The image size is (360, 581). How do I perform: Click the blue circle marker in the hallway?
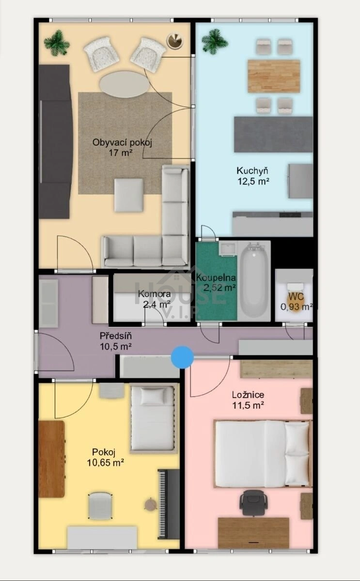click(182, 357)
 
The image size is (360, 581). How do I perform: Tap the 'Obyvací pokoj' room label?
click(122, 142)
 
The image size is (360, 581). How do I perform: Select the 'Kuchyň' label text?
click(252, 170)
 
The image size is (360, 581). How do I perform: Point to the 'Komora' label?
click(155, 293)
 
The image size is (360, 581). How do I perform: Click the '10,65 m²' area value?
click(105, 462)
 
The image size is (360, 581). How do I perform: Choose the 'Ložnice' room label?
click(248, 395)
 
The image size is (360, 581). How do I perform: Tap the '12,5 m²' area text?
click(253, 181)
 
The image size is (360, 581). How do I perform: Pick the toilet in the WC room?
click(295, 296)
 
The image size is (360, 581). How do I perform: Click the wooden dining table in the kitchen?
click(274, 76)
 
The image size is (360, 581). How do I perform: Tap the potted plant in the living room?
click(57, 43)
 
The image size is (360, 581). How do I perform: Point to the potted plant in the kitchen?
click(215, 42)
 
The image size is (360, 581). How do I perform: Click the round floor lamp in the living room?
click(174, 41)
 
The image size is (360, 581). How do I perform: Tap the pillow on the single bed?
click(153, 396)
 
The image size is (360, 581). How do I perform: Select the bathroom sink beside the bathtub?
click(227, 249)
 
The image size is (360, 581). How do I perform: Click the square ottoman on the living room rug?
click(129, 195)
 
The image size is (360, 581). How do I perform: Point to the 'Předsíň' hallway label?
click(116, 336)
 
